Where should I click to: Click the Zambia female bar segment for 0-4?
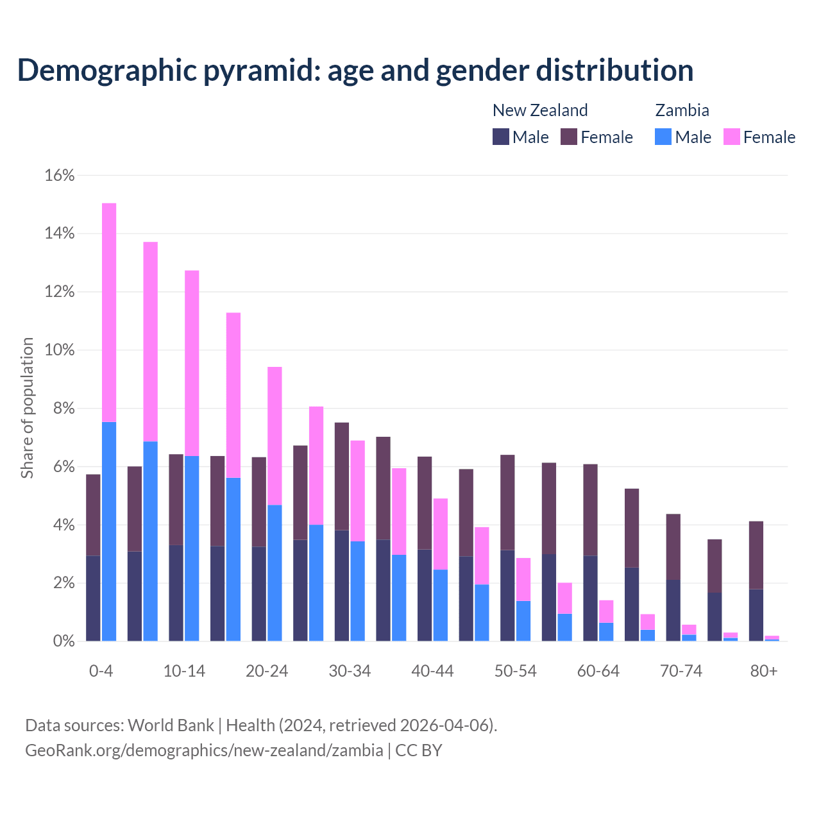pos(109,312)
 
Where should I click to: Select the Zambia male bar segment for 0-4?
pos(109,531)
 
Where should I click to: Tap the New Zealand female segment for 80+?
pos(756,555)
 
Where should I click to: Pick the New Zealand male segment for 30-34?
pos(342,585)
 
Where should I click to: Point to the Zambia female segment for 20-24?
pos(275,436)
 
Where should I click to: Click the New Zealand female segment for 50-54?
pos(507,502)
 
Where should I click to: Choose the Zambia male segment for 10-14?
pos(192,548)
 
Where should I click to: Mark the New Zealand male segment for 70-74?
pos(673,610)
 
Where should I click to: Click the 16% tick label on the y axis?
pos(60,175)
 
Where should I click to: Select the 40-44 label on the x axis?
pos(432,671)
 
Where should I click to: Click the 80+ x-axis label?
pos(764,671)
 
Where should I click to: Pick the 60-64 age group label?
pos(598,671)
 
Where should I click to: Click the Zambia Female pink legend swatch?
pos(731,137)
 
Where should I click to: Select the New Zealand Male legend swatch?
pos(501,137)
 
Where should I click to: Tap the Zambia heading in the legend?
pos(682,110)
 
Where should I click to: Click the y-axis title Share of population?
pos(28,408)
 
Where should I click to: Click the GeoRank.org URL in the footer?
pos(204,750)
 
